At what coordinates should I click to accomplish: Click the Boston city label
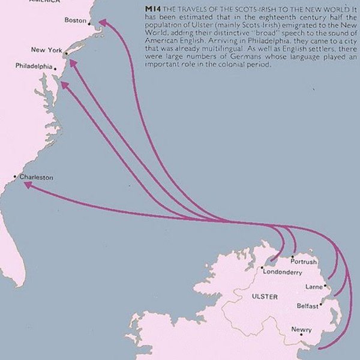(x=75, y=20)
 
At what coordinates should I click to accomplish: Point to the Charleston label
(x=36, y=178)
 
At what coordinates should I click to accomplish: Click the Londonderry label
(x=282, y=272)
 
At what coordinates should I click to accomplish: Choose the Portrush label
(x=303, y=262)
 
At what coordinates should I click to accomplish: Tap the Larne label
(x=314, y=287)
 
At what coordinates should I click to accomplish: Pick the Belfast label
(x=307, y=306)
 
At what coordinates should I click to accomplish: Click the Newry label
(x=301, y=329)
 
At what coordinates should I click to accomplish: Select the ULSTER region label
(x=265, y=297)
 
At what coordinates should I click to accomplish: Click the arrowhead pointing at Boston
(x=103, y=22)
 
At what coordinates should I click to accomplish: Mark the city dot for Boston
(x=89, y=24)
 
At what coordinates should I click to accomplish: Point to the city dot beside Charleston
(x=15, y=176)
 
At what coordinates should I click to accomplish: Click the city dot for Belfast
(x=321, y=304)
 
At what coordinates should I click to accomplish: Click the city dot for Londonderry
(x=262, y=268)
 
